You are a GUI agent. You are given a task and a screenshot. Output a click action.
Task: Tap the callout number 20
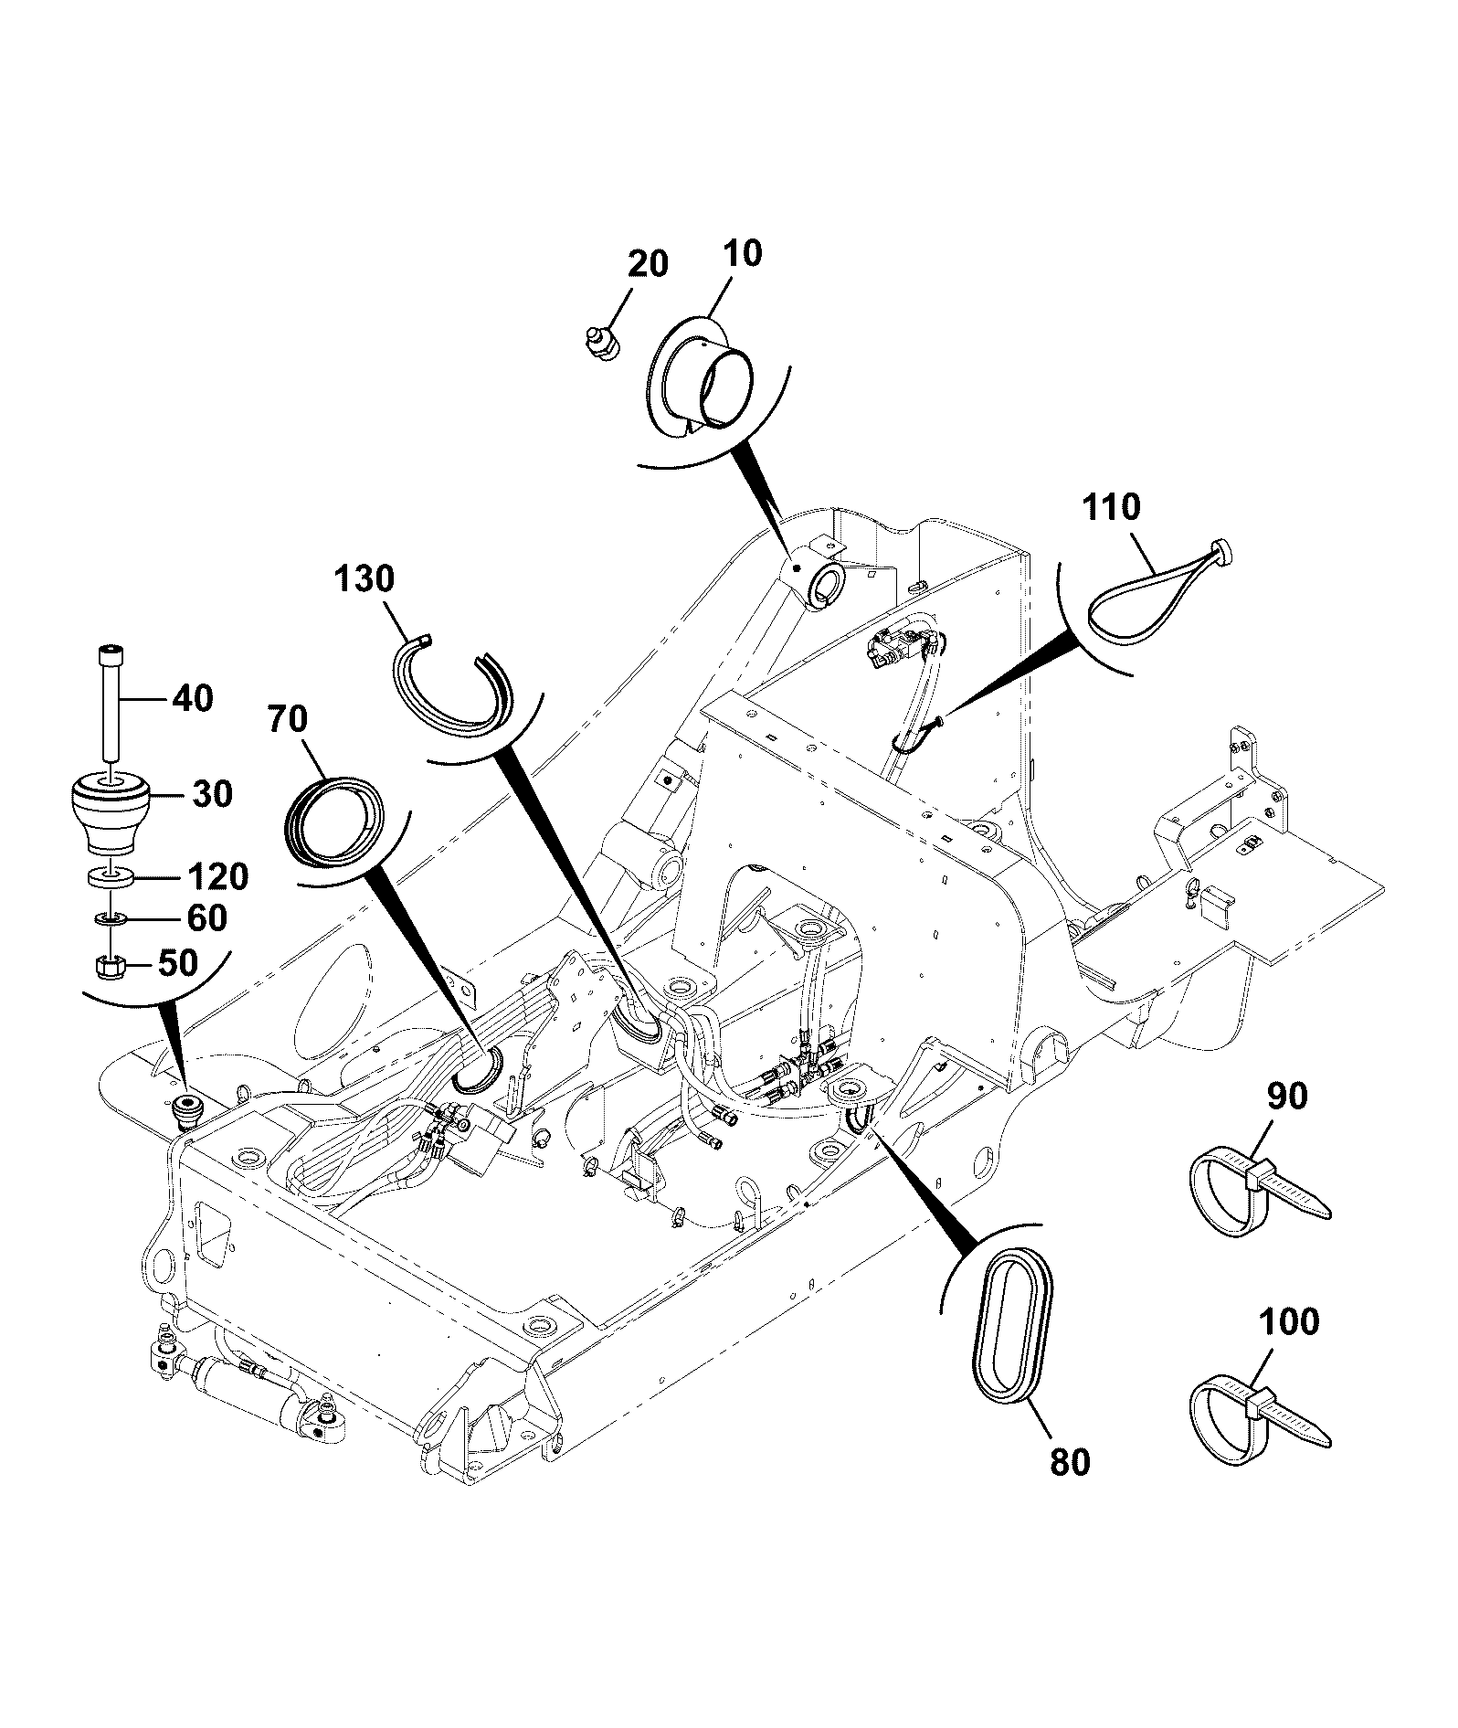tap(648, 263)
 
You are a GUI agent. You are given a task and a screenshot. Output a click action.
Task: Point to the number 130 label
tap(364, 578)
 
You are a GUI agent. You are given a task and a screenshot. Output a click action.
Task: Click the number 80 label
tap(1070, 1462)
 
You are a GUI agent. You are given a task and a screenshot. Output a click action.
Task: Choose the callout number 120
tap(217, 876)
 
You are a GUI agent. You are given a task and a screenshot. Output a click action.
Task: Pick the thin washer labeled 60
tap(110, 917)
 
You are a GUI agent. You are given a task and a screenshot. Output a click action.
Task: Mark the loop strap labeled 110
tap(1158, 593)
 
